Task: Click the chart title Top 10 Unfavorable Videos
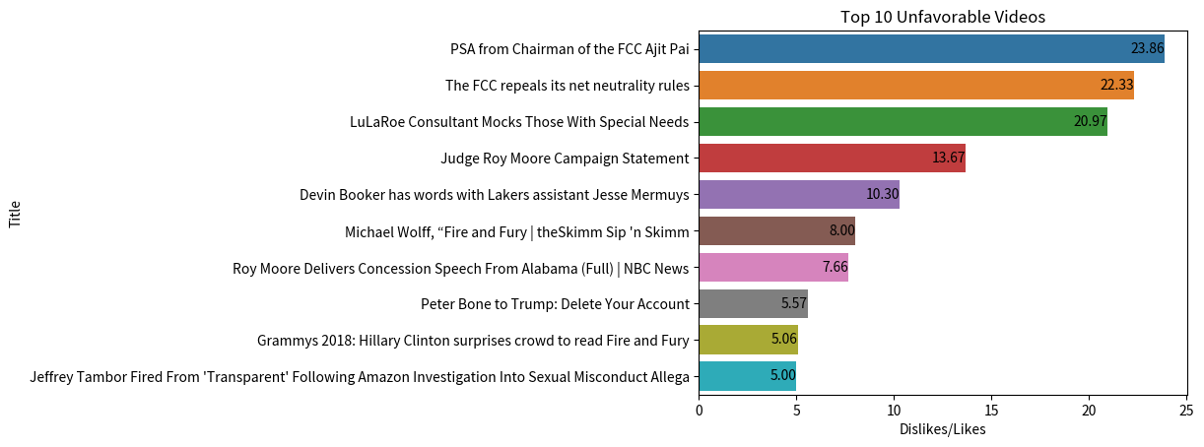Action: pyautogui.click(x=942, y=17)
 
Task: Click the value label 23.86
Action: pyautogui.click(x=1147, y=48)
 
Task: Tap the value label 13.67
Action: pyautogui.click(x=948, y=158)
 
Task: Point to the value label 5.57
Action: pyautogui.click(x=794, y=303)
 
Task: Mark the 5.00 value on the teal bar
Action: pyautogui.click(x=783, y=376)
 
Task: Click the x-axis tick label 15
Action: pyautogui.click(x=991, y=410)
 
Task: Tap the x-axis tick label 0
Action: pyautogui.click(x=699, y=410)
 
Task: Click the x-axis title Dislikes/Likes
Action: pyautogui.click(x=942, y=429)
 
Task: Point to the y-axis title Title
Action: pyautogui.click(x=15, y=214)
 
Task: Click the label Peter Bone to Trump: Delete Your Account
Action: pyautogui.click(x=555, y=304)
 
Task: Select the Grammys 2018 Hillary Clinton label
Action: pyautogui.click(x=473, y=341)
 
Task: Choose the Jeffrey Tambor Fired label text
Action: pyautogui.click(x=360, y=377)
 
